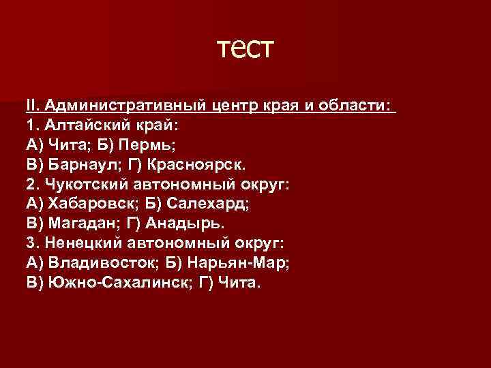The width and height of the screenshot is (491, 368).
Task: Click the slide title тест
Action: click(x=245, y=50)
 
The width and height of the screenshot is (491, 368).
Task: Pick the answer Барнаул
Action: click(x=78, y=166)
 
